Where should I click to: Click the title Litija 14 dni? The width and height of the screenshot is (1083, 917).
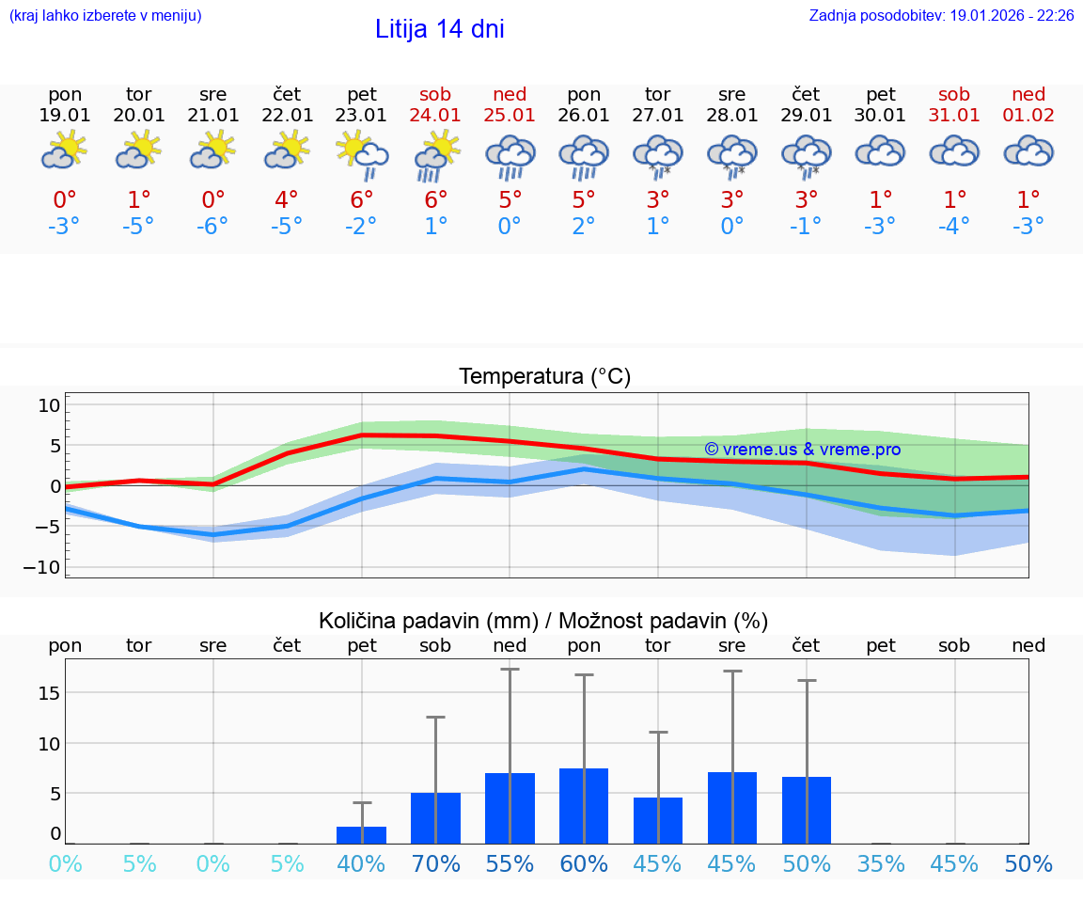439,29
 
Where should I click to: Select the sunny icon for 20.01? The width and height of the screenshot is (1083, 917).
139,150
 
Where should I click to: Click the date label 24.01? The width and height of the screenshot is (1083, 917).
435,116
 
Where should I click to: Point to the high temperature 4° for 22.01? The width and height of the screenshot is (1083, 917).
287,199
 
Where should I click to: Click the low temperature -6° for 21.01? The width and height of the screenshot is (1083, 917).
213,226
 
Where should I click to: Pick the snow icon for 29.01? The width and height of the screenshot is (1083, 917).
806,156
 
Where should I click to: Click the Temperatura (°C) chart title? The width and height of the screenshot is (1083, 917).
544,376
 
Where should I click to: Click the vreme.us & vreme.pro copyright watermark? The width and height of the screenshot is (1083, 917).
802,450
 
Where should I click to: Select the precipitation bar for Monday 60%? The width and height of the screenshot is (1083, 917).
584,806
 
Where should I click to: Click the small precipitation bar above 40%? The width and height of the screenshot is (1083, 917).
362,835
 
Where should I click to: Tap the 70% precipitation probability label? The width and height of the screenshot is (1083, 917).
435,863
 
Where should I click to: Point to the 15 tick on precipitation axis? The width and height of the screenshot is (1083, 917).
49,693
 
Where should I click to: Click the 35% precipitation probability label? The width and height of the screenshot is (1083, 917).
880,863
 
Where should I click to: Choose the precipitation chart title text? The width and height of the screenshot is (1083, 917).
543,621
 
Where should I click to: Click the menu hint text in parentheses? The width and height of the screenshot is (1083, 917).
105,16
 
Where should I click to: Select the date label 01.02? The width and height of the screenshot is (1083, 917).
1028,116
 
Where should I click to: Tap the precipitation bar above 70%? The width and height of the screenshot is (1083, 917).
435,818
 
